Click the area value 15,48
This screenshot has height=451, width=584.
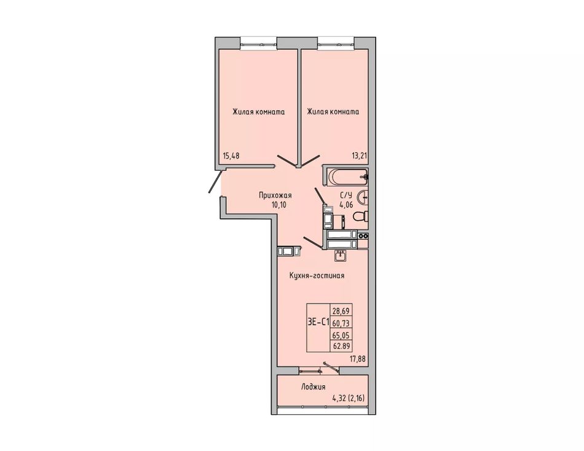pos(231,156)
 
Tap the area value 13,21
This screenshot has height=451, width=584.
pos(359,156)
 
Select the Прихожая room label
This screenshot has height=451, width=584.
pos(275,195)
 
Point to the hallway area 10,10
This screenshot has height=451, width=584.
pos(278,205)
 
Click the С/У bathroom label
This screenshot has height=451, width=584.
pos(345,195)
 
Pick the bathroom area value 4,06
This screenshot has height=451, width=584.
pos(345,204)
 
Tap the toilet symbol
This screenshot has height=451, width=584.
pos(361,216)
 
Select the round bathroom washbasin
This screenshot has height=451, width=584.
pos(363,196)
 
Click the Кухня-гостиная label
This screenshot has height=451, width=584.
pos(317,276)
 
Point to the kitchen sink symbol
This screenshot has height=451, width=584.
pos(341,255)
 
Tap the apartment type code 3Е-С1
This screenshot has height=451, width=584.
pos(318,323)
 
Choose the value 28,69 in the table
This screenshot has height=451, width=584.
pos(341,310)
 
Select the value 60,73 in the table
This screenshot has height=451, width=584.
pos(341,323)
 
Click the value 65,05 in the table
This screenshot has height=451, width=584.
pos(341,335)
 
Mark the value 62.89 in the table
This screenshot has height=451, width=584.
pos(341,346)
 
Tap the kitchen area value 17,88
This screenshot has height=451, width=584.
pos(358,359)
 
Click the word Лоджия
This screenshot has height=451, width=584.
pos(314,387)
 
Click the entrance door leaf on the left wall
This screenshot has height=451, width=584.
pos(216,182)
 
